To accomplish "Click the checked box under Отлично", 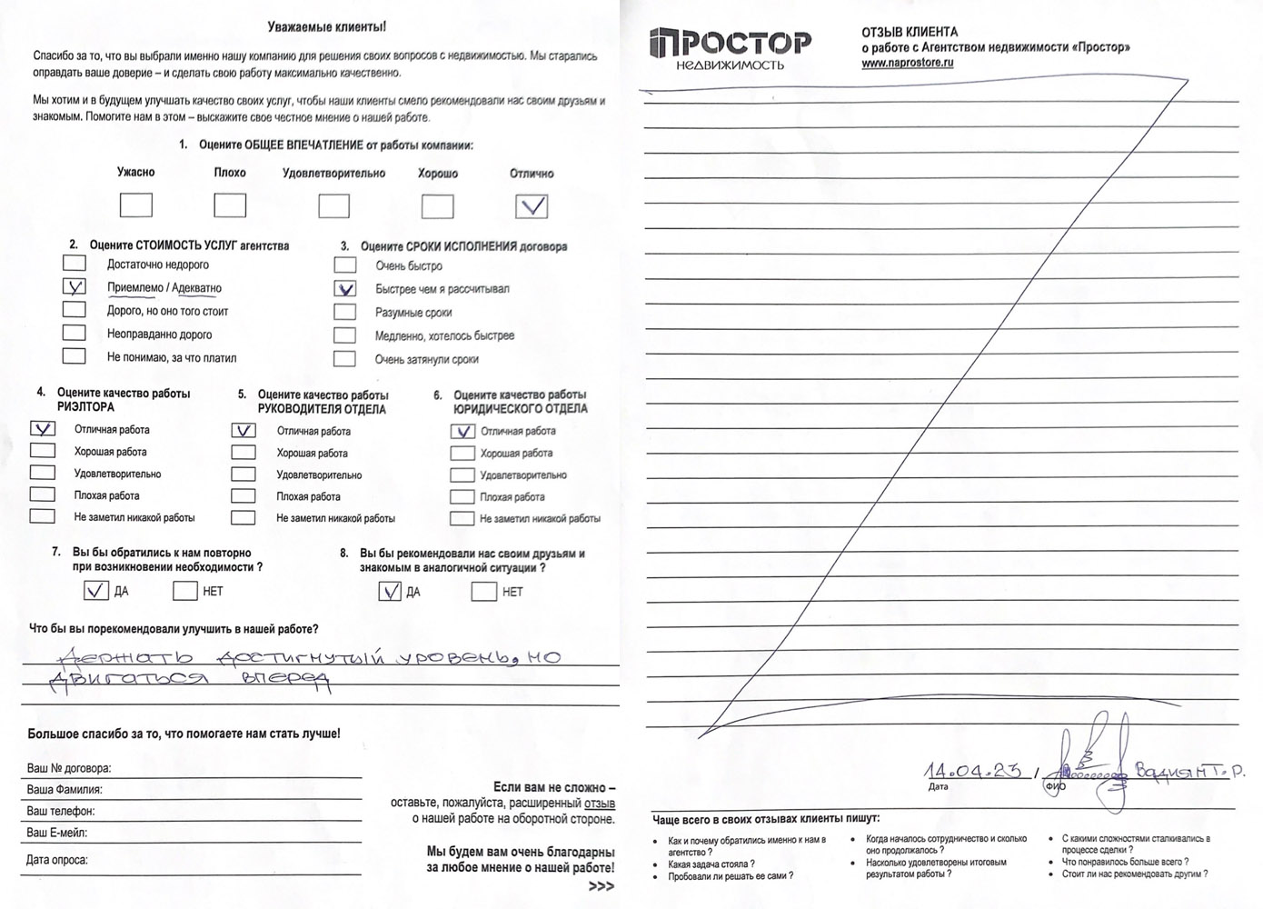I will point(532,206).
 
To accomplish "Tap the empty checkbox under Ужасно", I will point(136,205).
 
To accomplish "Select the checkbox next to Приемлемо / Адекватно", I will point(74,287).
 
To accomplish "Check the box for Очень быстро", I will point(344,265).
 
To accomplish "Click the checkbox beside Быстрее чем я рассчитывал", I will point(344,289).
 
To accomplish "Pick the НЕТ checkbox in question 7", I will point(185,591).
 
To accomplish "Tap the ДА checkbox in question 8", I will point(390,592).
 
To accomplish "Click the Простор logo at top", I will point(731,47).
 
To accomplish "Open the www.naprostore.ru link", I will point(907,63).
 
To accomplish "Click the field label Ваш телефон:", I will point(61,811).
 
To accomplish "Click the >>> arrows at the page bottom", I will point(601,886).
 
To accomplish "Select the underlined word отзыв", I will point(599,804).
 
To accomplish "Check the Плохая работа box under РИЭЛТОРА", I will point(42,495).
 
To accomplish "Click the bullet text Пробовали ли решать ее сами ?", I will point(730,876).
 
